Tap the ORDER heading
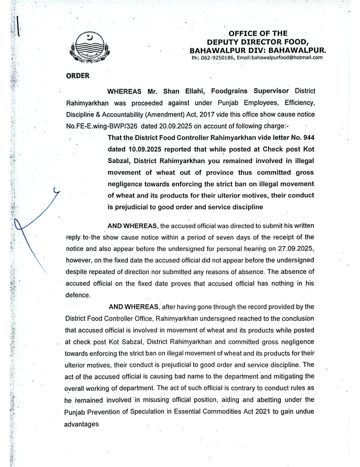pos(78,76)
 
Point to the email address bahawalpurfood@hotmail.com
pos(287,57)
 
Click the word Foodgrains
pos(229,91)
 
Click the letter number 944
pos(309,138)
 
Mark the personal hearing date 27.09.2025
pos(296,249)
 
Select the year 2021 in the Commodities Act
pos(263,411)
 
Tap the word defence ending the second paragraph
pos(78,295)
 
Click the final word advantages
pos(81,424)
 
